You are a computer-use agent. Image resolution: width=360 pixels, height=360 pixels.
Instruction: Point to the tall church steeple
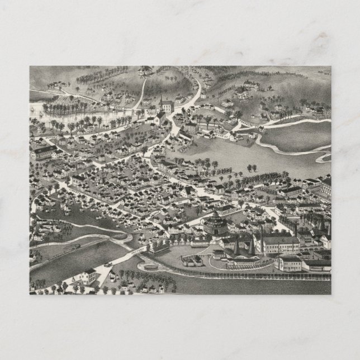(x=161, y=103)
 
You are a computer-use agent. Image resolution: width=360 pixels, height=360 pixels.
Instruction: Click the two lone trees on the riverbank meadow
(x=253, y=167)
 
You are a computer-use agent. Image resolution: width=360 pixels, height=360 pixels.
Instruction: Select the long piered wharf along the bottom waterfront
(x=257, y=274)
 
